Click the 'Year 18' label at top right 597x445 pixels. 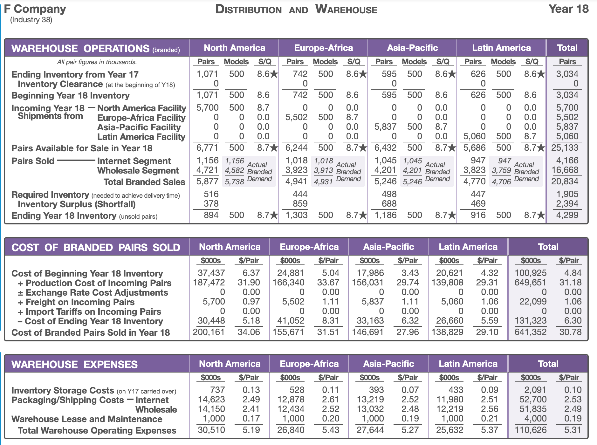click(x=568, y=9)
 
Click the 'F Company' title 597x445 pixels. click(x=35, y=9)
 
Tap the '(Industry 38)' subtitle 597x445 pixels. click(x=31, y=20)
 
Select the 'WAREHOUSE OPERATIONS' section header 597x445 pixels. click(x=80, y=48)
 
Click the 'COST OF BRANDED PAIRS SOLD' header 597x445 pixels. click(x=96, y=247)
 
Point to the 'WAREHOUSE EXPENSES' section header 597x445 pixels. click(x=74, y=364)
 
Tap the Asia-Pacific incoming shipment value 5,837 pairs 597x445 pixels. click(x=385, y=127)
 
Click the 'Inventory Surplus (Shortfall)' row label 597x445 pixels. click(x=77, y=204)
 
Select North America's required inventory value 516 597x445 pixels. click(x=211, y=194)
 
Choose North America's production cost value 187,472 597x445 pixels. click(x=209, y=282)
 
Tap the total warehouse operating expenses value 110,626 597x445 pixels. click(x=531, y=430)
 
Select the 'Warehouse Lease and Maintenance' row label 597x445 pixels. click(x=87, y=419)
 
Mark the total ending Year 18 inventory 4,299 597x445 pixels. click(x=567, y=215)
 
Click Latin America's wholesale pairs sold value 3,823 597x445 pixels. click(x=474, y=170)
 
